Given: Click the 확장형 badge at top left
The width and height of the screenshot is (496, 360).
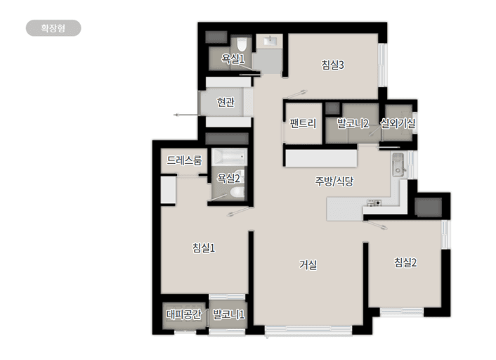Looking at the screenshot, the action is [53, 28].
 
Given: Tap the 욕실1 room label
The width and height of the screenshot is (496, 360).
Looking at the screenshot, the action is [233, 58].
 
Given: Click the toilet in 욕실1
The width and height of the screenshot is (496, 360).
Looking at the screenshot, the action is [242, 44].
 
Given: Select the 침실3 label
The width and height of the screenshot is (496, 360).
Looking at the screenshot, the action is [332, 65].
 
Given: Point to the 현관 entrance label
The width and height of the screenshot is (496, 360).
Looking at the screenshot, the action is [226, 102].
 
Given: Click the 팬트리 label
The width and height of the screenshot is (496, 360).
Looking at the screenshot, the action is [303, 123].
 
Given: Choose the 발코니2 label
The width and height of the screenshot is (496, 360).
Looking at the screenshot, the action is [353, 123].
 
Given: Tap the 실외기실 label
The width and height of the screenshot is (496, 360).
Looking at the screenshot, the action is [398, 123].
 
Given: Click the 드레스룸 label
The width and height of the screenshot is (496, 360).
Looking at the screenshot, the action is [184, 160].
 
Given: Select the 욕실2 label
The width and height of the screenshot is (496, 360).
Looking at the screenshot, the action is [228, 179].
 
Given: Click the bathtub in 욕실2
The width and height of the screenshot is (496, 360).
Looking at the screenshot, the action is [229, 156].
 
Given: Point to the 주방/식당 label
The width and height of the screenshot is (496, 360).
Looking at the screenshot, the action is [334, 181].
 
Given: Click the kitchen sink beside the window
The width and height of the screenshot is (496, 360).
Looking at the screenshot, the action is [398, 165].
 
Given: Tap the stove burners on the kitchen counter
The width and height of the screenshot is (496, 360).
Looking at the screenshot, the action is [374, 202].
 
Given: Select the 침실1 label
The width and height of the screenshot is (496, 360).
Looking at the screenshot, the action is [204, 247].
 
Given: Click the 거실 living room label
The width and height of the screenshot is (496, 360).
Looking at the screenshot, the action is [308, 264].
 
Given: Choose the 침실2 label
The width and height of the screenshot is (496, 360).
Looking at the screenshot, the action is [405, 262].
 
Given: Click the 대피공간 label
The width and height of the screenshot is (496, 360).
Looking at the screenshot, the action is [183, 314].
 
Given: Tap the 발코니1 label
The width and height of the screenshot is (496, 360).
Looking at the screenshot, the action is [228, 314].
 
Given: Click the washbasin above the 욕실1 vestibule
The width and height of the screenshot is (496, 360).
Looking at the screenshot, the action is [270, 41].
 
